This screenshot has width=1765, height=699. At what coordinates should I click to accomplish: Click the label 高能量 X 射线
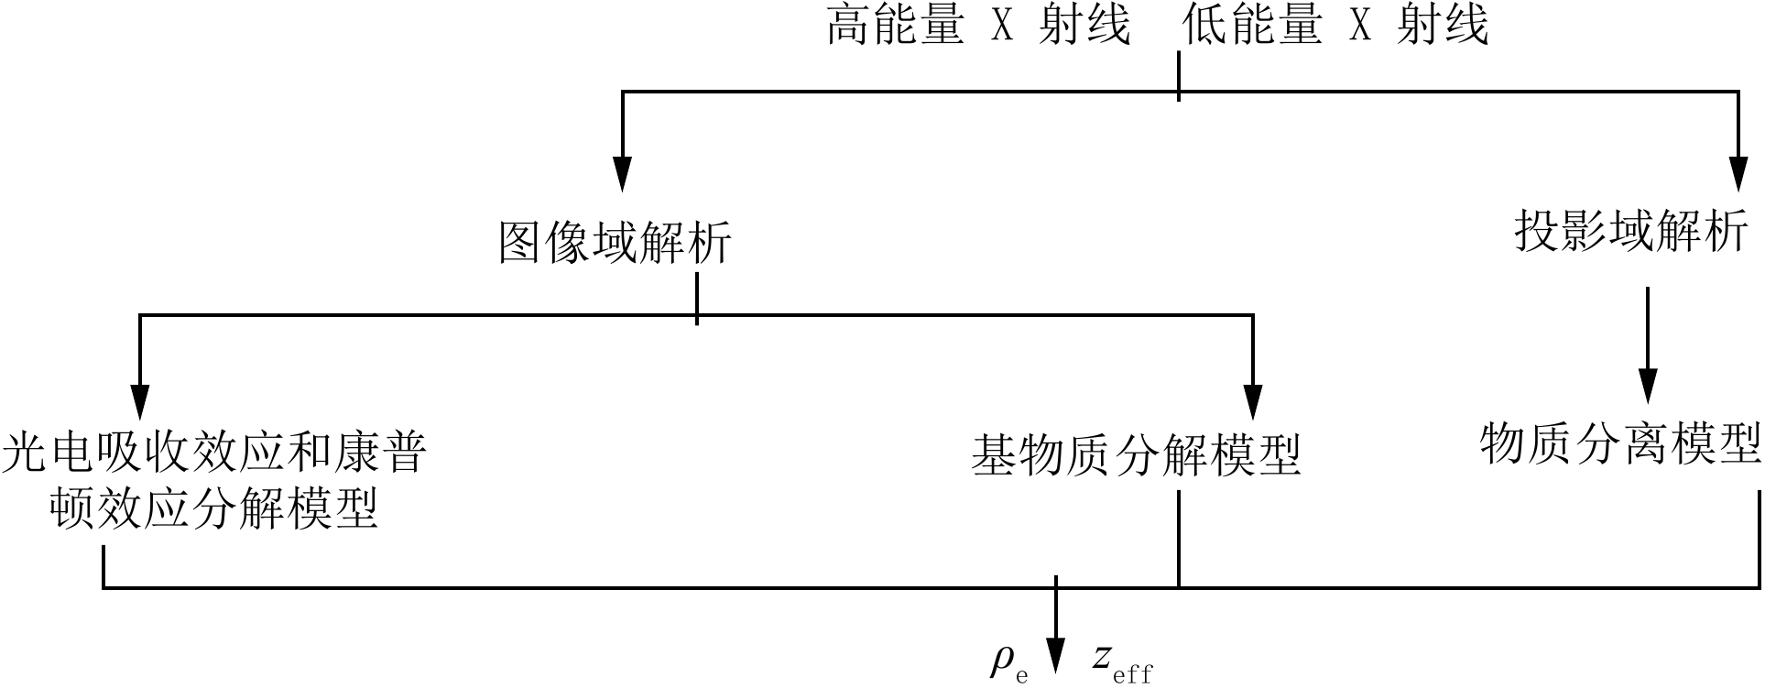click(x=978, y=26)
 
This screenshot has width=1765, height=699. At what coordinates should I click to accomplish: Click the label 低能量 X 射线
click(x=1335, y=26)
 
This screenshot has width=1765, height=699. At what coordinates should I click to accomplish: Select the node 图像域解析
click(x=615, y=243)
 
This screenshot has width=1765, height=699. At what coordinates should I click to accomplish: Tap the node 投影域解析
click(x=1631, y=231)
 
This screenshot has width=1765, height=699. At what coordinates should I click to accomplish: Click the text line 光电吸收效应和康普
click(x=214, y=453)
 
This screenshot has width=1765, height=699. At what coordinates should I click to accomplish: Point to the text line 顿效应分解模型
click(x=214, y=508)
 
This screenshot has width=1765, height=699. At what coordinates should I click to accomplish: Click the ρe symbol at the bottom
click(x=1008, y=662)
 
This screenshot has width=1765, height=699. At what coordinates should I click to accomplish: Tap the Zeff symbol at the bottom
click(x=1122, y=662)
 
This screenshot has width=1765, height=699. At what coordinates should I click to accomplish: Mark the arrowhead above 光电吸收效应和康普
click(x=139, y=399)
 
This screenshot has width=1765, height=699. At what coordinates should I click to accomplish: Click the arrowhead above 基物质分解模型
click(x=1252, y=399)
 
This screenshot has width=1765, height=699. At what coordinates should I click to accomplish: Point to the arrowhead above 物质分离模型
click(x=1648, y=386)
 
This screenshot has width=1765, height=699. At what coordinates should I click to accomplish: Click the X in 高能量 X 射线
click(x=1003, y=27)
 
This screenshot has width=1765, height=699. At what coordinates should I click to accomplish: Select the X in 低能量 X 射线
click(x=1360, y=27)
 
